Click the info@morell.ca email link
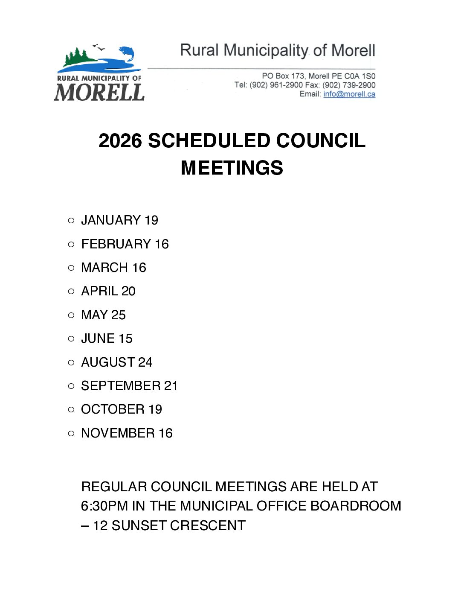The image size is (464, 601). tap(349, 94)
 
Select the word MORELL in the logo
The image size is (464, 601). tap(99, 92)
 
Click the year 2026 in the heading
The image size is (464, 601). tap(120, 141)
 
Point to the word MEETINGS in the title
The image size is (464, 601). tap(232, 168)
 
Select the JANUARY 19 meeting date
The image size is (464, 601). tap(119, 220)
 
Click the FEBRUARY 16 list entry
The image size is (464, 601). tap(125, 244)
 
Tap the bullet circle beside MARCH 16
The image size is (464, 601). tap(71, 268)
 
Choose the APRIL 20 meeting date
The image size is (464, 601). tap(108, 291)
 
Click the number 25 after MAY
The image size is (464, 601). tap(119, 315)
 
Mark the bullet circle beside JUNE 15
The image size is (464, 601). tap(71, 339)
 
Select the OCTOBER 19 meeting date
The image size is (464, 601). tap(122, 409)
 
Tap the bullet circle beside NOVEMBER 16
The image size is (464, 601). tap(71, 434)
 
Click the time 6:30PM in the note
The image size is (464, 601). tap(104, 506)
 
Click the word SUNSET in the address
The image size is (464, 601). tap(139, 525)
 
